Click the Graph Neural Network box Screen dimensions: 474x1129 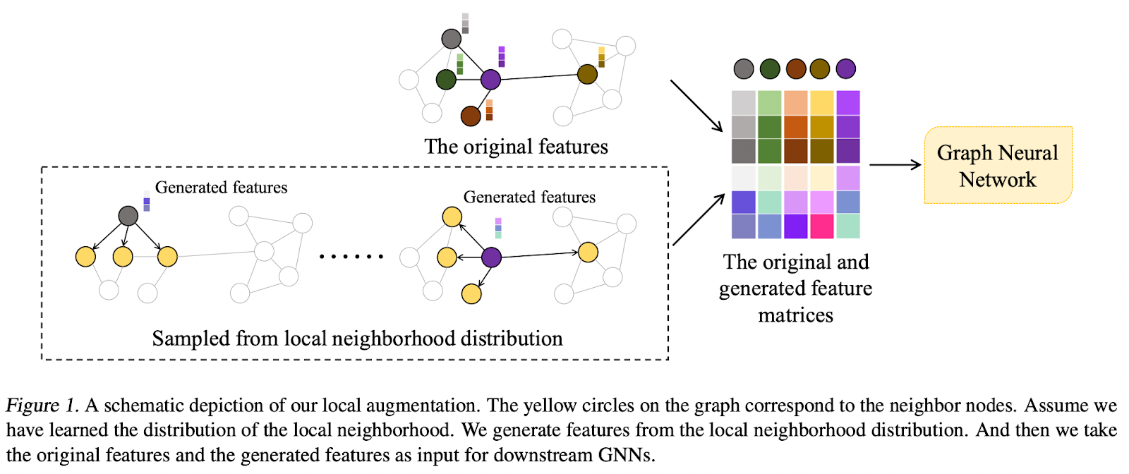(998, 166)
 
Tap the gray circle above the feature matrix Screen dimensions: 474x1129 (744, 69)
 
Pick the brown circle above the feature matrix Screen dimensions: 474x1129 (796, 69)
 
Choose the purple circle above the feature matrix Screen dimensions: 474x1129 (846, 69)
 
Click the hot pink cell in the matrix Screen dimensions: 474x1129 (822, 226)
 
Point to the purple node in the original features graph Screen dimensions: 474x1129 (490, 79)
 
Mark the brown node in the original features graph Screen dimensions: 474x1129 (471, 116)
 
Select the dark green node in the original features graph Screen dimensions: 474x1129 (446, 79)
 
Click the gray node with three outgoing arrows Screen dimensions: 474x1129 (128, 216)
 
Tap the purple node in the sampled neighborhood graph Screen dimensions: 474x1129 (491, 257)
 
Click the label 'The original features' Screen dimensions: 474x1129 (516, 147)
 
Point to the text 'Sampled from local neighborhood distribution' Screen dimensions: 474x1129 (357, 339)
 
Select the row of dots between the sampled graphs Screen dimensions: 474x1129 (351, 257)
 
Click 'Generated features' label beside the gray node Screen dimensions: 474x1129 (221, 188)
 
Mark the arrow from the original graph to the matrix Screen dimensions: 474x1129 (696, 106)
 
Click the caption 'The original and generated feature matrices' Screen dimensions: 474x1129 (795, 288)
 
